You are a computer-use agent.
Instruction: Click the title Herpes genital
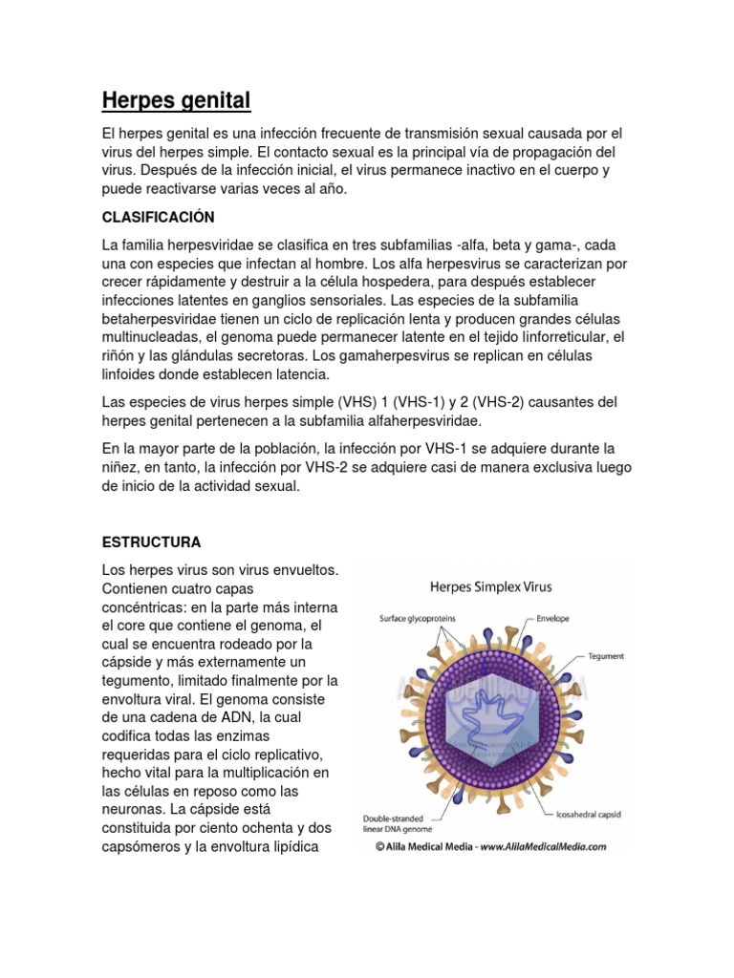[x=176, y=99]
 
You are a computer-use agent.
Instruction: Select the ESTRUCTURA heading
[x=151, y=542]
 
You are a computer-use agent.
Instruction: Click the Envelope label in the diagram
[x=552, y=618]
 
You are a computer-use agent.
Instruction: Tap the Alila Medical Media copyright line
[x=490, y=846]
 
